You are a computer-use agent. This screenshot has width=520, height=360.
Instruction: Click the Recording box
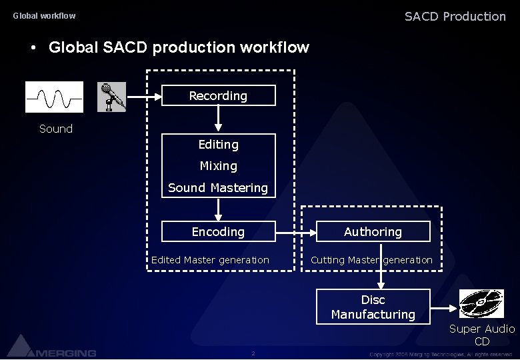219,96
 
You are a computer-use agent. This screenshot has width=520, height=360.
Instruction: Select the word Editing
219,145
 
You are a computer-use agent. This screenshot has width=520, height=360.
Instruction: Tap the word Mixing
219,166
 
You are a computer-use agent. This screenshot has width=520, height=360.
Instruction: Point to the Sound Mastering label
218,188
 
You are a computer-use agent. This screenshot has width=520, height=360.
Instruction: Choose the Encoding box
219,232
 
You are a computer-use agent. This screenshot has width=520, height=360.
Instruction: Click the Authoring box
373,232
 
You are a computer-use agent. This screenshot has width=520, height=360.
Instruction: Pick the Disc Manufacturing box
373,307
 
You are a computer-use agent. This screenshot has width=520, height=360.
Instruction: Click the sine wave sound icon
55,97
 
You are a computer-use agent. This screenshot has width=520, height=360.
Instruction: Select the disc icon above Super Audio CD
480,303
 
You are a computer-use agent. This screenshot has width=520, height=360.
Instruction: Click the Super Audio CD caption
482,335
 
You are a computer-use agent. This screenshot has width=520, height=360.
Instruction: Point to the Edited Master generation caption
210,260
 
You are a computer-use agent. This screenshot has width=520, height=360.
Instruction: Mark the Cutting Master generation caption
371,260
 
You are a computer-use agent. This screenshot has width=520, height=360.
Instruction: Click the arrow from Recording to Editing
219,120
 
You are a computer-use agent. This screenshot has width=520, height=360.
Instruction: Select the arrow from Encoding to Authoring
295,233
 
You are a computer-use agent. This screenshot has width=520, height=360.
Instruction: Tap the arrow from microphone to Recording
145,97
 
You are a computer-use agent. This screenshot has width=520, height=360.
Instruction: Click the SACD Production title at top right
455,17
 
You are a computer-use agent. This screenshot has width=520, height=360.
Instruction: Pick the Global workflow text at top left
45,16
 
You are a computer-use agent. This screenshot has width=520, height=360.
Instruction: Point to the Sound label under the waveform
56,129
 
